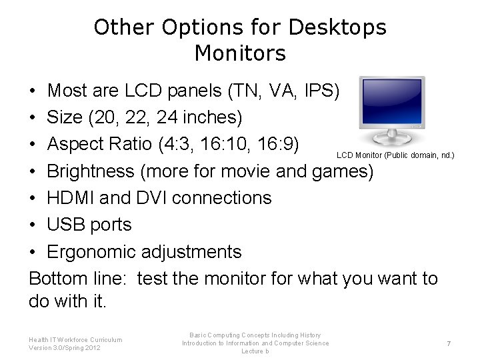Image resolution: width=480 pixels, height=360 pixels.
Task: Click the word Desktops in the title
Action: pos(337,27)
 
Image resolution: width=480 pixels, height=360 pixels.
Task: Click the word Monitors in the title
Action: pos(240,53)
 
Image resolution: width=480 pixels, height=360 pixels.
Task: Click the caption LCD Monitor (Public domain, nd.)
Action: pos(395,155)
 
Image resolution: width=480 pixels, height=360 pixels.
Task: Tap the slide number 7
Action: pos(449,343)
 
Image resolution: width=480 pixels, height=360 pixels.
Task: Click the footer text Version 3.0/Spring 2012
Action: pos(65,348)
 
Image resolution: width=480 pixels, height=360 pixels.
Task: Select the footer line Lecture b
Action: pos(255,351)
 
